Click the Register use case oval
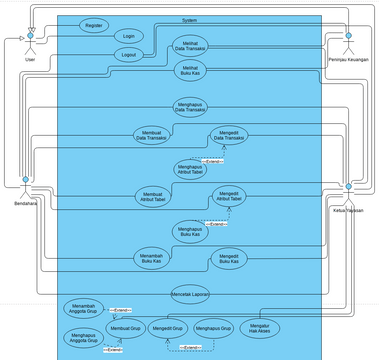[x=94, y=24]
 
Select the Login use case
[x=127, y=35]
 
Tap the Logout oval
[x=127, y=55]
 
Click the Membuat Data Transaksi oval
[x=153, y=135]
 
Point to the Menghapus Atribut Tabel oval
[x=190, y=168]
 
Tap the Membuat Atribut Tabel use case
[x=153, y=196]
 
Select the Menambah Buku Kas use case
[x=153, y=259]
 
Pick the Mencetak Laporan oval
[x=190, y=294]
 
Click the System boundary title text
[x=189, y=19]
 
